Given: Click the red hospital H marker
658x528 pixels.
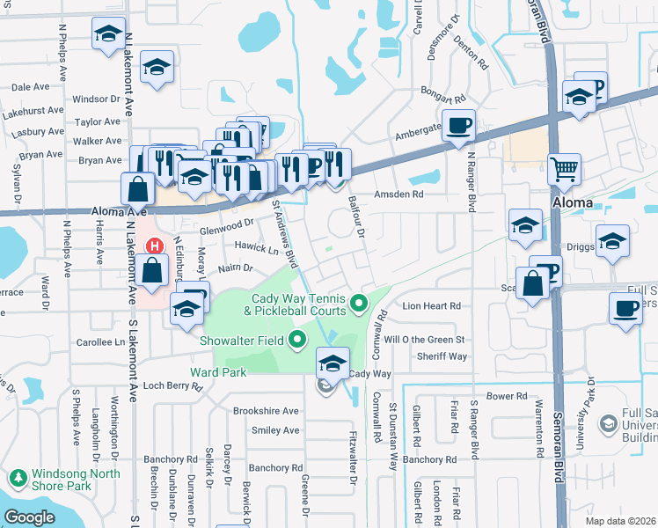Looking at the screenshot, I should (156, 246).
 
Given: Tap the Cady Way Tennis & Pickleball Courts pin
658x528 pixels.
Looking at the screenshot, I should (358, 304).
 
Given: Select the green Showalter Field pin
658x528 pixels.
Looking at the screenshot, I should (297, 338).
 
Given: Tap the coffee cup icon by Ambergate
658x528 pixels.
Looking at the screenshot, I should (458, 126).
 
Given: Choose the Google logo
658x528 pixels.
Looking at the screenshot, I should (29, 517).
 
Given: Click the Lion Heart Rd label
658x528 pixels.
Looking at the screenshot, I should (432, 306).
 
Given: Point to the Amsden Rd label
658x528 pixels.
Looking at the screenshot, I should (399, 194).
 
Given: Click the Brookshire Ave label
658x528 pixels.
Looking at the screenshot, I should (266, 411).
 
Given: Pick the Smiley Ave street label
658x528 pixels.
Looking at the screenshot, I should (275, 430).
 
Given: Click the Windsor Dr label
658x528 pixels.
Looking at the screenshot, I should (96, 99).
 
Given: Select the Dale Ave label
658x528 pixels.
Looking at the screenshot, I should (30, 87).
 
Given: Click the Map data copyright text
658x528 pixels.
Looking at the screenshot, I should (620, 521).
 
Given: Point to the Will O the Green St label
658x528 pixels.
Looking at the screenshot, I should (424, 339).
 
